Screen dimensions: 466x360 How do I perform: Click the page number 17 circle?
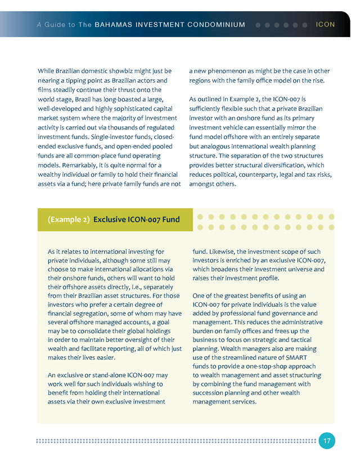point(326,441)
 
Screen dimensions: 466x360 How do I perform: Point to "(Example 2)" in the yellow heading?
point(69,219)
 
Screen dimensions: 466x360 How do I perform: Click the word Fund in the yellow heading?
point(170,219)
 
